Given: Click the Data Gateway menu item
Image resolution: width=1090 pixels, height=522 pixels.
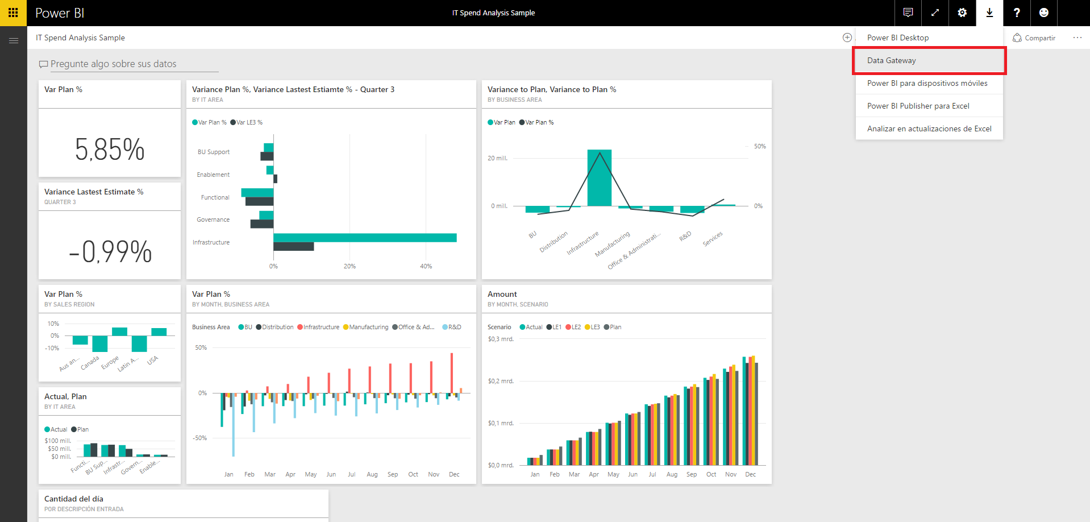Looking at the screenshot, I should coord(891,61).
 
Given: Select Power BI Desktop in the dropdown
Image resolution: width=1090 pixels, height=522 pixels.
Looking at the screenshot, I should coord(897,38).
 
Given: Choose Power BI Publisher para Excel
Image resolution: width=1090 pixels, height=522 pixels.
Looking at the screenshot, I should coord(918,106).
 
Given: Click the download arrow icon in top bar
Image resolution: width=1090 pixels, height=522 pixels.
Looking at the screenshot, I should coord(989,13).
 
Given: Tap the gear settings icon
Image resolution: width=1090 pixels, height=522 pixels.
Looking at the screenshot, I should coord(962,13).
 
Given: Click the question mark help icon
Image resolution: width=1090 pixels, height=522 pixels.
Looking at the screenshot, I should coord(1017,13).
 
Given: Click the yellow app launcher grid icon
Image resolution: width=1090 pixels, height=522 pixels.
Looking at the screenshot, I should coord(13,13).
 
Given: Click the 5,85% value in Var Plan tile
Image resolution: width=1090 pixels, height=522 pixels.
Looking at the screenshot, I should coord(110,150).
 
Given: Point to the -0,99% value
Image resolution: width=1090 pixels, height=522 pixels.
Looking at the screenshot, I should coord(110,251).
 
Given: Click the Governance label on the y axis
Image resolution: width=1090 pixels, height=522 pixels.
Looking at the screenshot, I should coord(213,220).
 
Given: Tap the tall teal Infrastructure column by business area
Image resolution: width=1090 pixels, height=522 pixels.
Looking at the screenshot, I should coord(599,177).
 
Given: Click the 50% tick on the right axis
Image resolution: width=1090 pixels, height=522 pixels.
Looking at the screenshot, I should coord(760,147).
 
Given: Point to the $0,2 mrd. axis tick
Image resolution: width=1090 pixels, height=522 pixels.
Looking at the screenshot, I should coord(501,382).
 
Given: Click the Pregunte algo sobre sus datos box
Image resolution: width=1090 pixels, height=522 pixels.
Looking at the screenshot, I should coord(114,64).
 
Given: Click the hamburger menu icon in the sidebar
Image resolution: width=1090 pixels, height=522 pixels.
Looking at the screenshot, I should coord(14,40).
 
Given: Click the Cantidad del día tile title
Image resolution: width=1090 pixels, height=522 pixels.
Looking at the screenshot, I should coord(74,499).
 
